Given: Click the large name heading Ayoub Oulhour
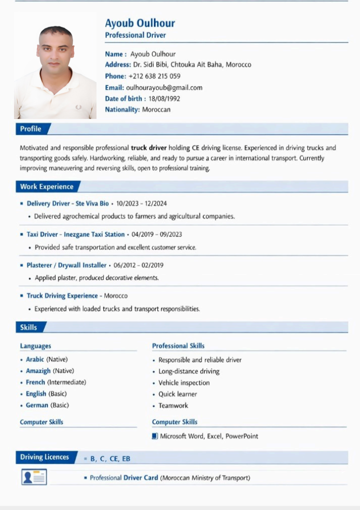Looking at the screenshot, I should point(139,23).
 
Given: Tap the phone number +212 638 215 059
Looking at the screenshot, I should point(154,76).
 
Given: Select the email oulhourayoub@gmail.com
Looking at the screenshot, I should point(164,87).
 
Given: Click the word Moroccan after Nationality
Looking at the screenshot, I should point(156,109).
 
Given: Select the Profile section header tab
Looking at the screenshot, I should point(30,129).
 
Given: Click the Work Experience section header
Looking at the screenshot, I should point(46,186).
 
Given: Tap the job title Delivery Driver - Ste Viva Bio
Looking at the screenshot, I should point(67,203).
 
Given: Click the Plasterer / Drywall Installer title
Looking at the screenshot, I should point(66,265).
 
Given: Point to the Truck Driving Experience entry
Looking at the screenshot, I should point(62,295).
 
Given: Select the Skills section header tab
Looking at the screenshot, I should point(28,327).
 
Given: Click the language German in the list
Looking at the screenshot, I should point(37,405).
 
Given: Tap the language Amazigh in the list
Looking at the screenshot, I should point(38,370).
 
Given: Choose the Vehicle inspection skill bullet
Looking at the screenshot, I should point(183,382).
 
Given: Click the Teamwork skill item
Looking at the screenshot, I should point(173,405).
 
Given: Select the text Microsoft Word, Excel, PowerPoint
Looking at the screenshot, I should point(209,436).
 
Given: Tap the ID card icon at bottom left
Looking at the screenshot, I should point(34,477).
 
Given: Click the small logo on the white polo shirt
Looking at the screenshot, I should point(78,107).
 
